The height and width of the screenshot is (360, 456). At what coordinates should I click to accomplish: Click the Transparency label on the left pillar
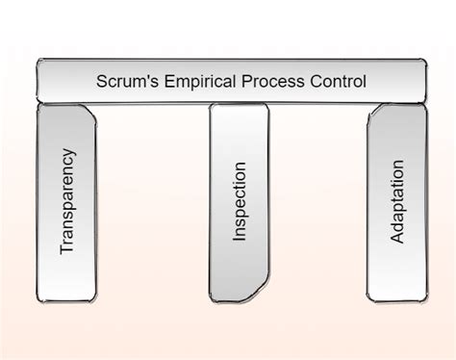coord(67,200)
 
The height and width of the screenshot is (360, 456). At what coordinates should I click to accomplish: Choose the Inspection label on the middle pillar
coord(240,205)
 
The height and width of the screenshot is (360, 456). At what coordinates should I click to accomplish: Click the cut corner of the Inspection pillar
coord(261,289)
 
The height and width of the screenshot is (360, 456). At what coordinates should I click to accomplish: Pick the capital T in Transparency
coord(67,249)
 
